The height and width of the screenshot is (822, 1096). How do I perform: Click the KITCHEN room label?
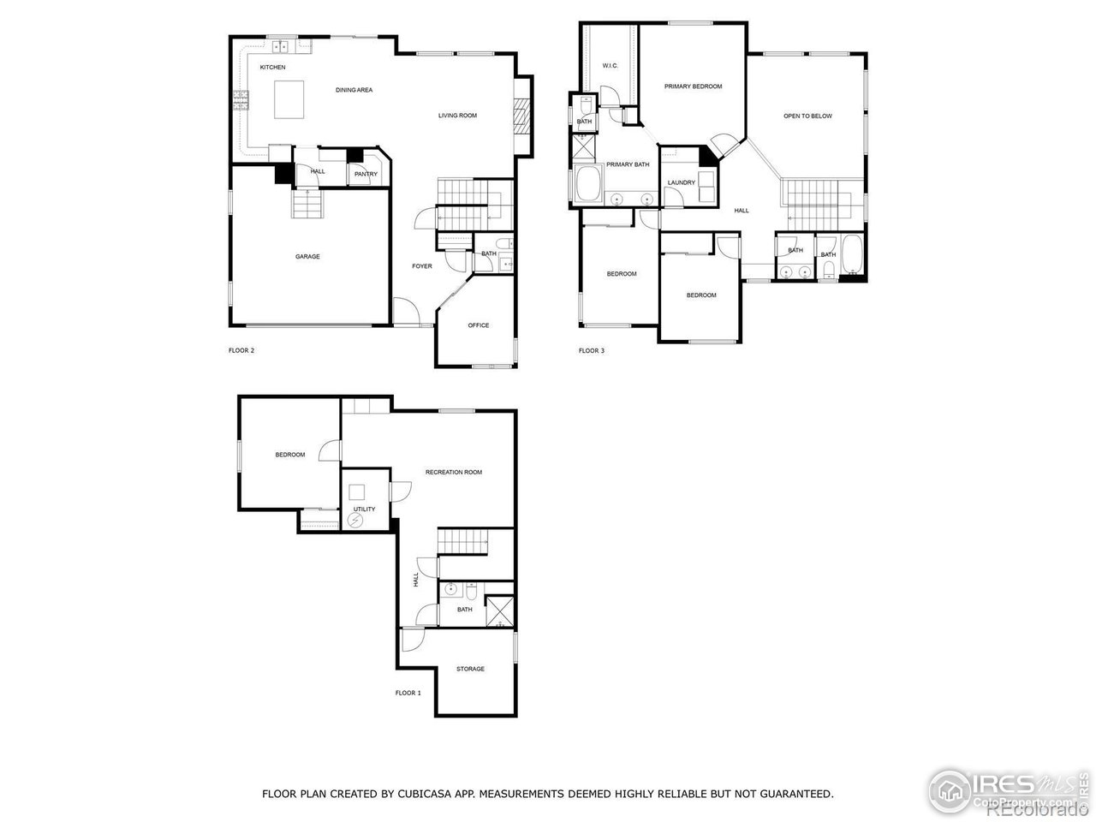pyautogui.click(x=272, y=67)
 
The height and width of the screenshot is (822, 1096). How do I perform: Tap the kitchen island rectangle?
pyautogui.click(x=289, y=99)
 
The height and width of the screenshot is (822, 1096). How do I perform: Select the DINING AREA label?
pyautogui.click(x=354, y=90)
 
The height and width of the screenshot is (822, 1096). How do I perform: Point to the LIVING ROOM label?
pyautogui.click(x=457, y=116)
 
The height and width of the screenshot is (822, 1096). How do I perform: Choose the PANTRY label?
pyautogui.click(x=366, y=175)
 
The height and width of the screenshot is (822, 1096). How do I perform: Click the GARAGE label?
pyautogui.click(x=307, y=257)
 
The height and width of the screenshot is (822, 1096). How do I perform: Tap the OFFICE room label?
pyautogui.click(x=478, y=325)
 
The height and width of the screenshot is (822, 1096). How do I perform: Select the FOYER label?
pyautogui.click(x=421, y=266)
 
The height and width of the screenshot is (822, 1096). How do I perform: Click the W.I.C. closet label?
pyautogui.click(x=610, y=65)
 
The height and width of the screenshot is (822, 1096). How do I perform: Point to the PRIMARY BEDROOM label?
pyautogui.click(x=693, y=86)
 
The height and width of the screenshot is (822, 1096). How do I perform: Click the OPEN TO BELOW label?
pyautogui.click(x=807, y=116)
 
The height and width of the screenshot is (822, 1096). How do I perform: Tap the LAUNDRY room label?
pyautogui.click(x=682, y=182)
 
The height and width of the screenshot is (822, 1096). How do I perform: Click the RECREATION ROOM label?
pyautogui.click(x=454, y=472)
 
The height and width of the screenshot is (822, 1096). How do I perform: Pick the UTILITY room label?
pyautogui.click(x=364, y=509)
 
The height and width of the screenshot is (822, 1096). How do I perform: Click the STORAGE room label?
pyautogui.click(x=470, y=669)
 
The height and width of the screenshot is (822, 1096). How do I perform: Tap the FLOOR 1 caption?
pyautogui.click(x=408, y=693)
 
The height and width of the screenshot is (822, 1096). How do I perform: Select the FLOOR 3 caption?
pyautogui.click(x=591, y=350)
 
